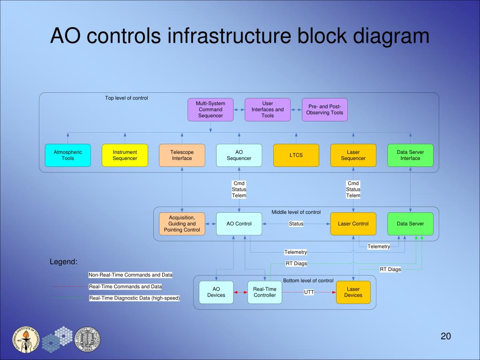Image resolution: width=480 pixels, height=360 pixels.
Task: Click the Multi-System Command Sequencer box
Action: click(210, 110)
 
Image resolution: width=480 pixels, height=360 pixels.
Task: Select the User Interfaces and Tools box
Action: click(268, 110)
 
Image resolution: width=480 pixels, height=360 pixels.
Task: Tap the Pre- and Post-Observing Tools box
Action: click(325, 110)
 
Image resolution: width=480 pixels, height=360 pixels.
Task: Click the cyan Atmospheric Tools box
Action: click(67, 155)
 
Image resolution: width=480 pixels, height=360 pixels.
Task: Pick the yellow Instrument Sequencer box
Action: click(125, 155)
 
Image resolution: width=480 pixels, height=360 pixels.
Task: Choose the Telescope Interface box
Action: click(182, 155)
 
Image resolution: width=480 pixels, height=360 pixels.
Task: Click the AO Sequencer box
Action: click(239, 155)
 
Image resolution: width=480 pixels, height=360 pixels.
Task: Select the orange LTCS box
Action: click(296, 155)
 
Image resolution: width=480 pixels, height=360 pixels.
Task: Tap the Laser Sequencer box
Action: click(353, 155)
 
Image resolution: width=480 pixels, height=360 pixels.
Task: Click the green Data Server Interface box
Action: click(410, 155)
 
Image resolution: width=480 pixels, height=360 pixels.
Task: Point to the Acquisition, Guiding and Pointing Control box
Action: click(182, 224)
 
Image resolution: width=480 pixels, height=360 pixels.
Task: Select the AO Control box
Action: click(239, 224)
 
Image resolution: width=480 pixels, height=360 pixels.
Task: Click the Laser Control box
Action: click(353, 224)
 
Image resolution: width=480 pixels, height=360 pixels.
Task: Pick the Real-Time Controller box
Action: click(265, 292)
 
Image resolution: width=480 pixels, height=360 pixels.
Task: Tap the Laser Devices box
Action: click(353, 292)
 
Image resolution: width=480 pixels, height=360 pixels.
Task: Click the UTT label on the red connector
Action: click(309, 292)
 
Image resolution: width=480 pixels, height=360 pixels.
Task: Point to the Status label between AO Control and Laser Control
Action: click(296, 224)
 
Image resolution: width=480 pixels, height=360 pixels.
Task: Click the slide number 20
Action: click(445, 336)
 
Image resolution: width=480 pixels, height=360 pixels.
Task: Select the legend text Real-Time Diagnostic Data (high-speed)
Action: click(135, 298)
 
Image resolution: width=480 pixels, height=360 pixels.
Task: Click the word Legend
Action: click(63, 262)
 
